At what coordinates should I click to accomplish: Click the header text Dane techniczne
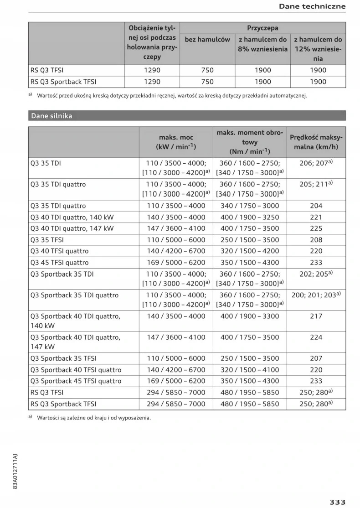(x=312, y=6)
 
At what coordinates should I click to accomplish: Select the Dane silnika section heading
(x=51, y=116)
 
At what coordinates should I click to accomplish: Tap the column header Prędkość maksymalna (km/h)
(x=316, y=142)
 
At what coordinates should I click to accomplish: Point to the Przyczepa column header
(x=262, y=28)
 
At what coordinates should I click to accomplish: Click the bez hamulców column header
(x=207, y=40)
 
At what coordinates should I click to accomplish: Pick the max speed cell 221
(x=316, y=218)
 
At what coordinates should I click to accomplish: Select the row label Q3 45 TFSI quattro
(x=60, y=263)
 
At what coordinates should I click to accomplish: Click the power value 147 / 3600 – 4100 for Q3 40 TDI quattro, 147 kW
(x=176, y=228)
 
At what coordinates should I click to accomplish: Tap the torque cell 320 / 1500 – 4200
(x=249, y=251)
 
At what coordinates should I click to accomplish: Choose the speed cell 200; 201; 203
(x=316, y=295)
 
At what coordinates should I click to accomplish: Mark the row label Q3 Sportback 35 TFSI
(x=63, y=358)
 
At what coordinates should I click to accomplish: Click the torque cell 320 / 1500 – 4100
(x=249, y=370)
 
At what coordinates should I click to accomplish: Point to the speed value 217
(x=316, y=316)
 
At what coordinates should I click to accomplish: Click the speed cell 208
(x=316, y=240)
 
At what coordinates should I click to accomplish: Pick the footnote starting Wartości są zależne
(x=93, y=417)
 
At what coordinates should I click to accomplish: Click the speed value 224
(x=316, y=337)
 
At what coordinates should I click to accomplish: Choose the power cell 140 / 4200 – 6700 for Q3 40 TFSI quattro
(x=176, y=251)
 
